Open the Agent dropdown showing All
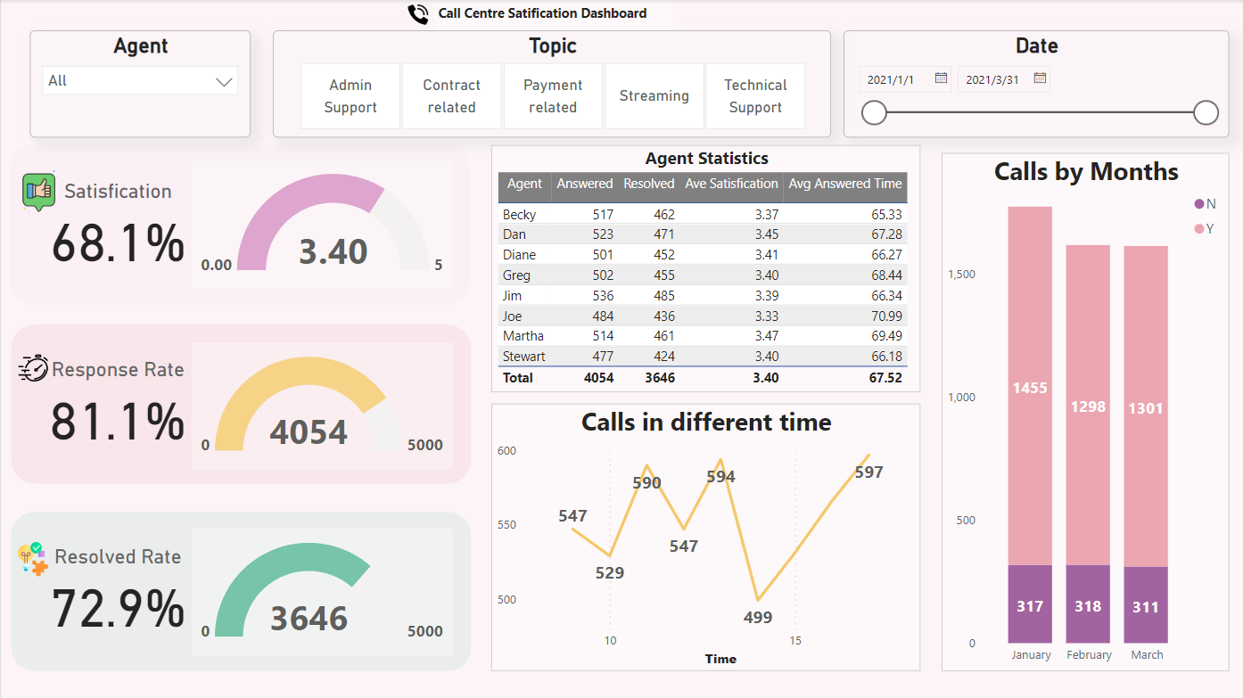point(140,81)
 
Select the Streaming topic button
point(654,96)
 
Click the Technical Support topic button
point(755,96)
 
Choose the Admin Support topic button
point(350,96)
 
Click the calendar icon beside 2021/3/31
point(1040,78)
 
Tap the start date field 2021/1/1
point(896,79)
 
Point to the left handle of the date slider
point(874,112)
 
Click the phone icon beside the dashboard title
point(417,13)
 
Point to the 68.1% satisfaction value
point(118,243)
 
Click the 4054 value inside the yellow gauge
point(309,432)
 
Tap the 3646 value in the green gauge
point(309,618)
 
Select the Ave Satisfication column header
point(731,184)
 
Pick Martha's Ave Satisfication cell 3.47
point(765,336)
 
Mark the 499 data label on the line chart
point(758,617)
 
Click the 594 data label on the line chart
point(720,477)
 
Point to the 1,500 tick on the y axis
point(960,275)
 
